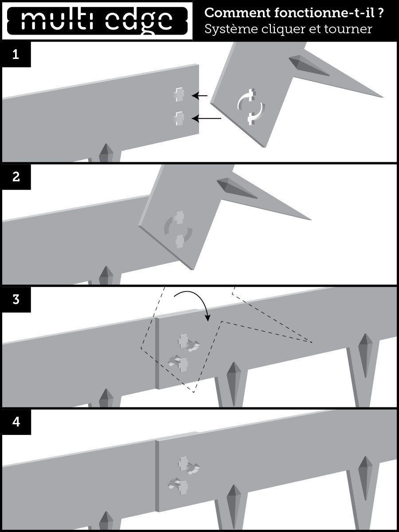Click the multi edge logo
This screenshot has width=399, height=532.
[97, 20]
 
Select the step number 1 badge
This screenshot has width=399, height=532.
[16, 55]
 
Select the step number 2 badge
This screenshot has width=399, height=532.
[16, 177]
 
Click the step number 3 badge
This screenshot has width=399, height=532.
[16, 299]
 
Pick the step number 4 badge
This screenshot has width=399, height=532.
[16, 422]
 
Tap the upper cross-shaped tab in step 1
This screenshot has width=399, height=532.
[178, 94]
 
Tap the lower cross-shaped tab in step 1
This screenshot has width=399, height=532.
[178, 118]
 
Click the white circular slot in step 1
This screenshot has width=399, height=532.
[251, 106]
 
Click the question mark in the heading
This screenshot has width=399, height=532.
[381, 13]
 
